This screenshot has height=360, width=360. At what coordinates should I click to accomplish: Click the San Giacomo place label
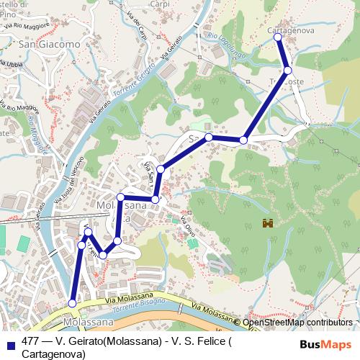coord(50,45)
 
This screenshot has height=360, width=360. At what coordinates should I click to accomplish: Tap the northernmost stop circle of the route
coord(279,37)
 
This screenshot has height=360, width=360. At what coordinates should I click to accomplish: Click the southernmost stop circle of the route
coord(71,303)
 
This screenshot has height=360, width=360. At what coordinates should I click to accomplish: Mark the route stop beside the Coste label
coord(288,71)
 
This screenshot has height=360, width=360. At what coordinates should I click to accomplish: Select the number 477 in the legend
coord(31,342)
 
